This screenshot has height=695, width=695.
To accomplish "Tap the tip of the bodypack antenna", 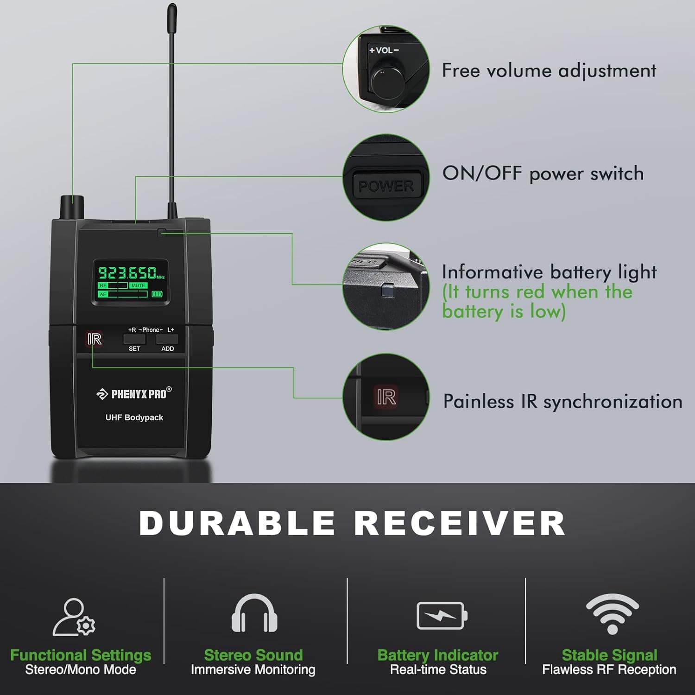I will tap(172, 8).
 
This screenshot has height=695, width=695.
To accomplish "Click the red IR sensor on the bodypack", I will tap(95, 339).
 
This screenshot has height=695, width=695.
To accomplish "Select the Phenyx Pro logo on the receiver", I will tap(134, 394).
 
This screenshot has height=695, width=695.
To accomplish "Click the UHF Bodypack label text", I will tap(134, 417).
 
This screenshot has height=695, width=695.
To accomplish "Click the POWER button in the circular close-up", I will tap(386, 186).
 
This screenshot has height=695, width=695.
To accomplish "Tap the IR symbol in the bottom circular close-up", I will tap(386, 397).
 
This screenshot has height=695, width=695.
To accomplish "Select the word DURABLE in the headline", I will tap(237, 523).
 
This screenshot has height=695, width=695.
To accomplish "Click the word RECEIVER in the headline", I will tap(460, 523).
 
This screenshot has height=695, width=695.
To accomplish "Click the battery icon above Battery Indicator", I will tap(442, 615).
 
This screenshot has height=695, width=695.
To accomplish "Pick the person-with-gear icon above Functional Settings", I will tap(74, 617).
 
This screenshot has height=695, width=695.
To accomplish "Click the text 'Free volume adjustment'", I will tap(549, 71).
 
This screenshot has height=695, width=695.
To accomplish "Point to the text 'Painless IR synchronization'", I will tap(562, 401).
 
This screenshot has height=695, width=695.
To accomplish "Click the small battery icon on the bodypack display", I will tap(158, 294).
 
